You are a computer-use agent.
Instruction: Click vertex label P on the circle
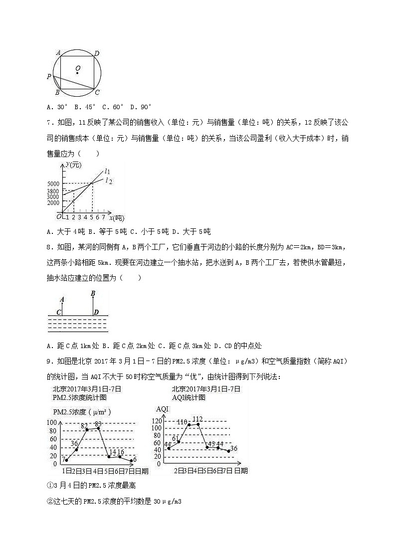pyautogui.click(x=49, y=76)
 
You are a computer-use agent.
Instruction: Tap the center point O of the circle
pyautogui.click(x=78, y=73)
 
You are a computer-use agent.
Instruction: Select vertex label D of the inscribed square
pyautogui.click(x=97, y=53)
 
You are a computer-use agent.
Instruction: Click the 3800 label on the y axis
pyautogui.click(x=53, y=190)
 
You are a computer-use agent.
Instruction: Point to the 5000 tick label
pyautogui.click(x=53, y=184)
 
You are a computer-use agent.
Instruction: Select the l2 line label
pyautogui.click(x=107, y=181)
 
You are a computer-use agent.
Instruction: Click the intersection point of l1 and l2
pyautogui.click(x=92, y=184)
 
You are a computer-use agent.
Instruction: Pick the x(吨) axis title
pyautogui.click(x=117, y=217)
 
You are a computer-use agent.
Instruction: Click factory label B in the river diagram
pyautogui.click(x=93, y=294)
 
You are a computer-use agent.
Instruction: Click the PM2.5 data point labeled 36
pyautogui.click(x=76, y=449)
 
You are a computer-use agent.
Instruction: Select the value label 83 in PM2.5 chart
pyautogui.click(x=98, y=424)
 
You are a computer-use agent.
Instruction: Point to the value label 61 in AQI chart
pyautogui.click(x=176, y=438)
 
